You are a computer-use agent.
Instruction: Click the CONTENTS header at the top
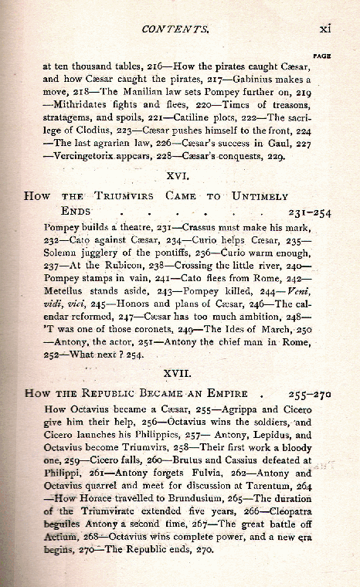click(x=175, y=29)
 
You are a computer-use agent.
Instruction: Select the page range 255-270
click(x=310, y=392)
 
